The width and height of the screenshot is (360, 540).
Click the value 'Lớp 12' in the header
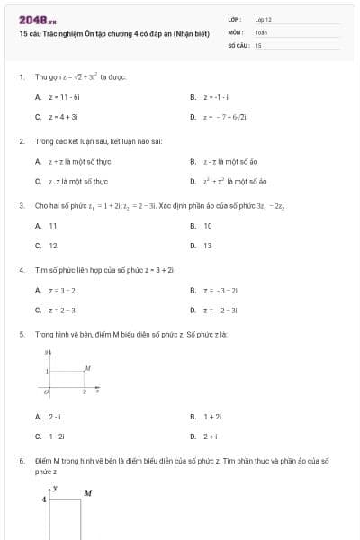263,19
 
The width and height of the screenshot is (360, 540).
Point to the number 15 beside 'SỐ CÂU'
258,44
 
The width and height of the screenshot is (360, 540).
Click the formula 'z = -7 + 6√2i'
225,116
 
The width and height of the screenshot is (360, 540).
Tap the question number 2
21,141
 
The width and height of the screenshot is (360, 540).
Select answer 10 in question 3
208,226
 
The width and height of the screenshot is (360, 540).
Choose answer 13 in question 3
208,245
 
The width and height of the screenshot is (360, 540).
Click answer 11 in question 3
52,226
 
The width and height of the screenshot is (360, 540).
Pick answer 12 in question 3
52,245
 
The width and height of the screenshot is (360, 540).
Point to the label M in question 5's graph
87,368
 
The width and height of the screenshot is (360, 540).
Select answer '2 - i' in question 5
55,417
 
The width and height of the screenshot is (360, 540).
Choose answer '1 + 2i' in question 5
212,417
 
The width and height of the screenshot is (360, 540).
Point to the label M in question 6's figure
88,492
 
